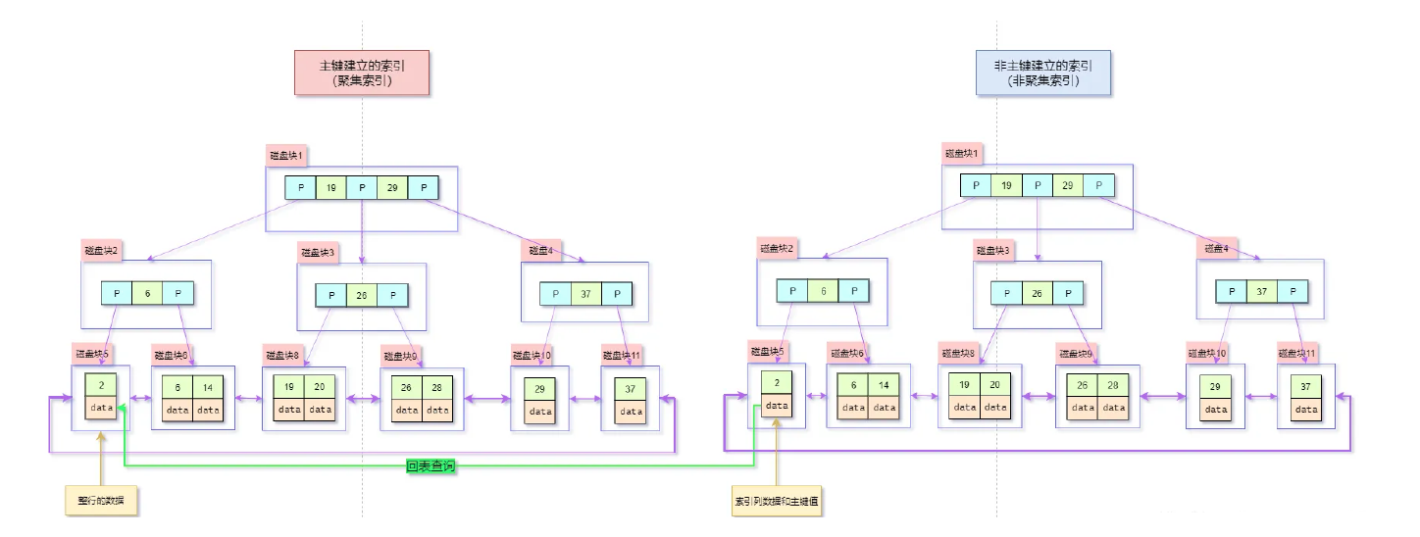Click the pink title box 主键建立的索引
point(362,73)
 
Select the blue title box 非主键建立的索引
point(1043,73)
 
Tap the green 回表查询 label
point(431,466)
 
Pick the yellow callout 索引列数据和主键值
point(777,500)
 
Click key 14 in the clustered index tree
point(208,387)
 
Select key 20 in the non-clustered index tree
point(994,384)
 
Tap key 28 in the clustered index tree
point(437,387)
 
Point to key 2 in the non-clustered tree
point(777,383)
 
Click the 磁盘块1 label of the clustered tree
point(287,155)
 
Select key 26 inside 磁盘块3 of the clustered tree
point(362,295)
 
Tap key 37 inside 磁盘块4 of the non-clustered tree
point(1262,291)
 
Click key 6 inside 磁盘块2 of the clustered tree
point(147,293)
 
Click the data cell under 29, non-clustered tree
point(1216,409)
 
